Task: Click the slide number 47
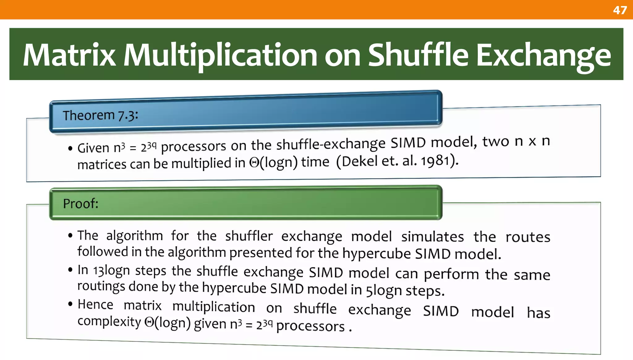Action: click(x=620, y=10)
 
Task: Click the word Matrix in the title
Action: click(x=69, y=55)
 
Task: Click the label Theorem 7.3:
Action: click(x=100, y=115)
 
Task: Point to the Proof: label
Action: click(x=81, y=204)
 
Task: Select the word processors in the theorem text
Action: click(x=193, y=146)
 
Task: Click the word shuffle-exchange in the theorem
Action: click(x=331, y=144)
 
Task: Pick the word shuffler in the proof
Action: click(x=249, y=236)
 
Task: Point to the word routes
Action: click(x=528, y=237)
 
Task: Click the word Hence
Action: click(x=95, y=304)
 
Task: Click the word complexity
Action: click(x=109, y=322)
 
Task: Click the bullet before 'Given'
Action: click(x=70, y=148)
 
